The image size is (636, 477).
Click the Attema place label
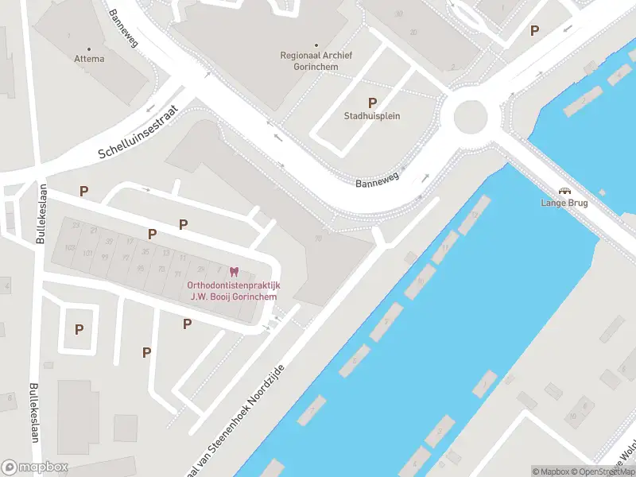89,59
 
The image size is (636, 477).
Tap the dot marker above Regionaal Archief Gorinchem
316,45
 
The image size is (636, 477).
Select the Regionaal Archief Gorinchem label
316,60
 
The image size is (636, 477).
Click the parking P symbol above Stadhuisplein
372,103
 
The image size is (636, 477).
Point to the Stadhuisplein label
372,116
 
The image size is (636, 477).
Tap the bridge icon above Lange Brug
565,192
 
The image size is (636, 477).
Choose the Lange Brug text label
565,203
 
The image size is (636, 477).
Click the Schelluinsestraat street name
140,131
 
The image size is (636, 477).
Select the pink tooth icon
233,273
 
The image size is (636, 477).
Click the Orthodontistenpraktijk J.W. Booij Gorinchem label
233,291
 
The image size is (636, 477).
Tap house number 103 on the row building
70,248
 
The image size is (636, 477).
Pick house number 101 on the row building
87,254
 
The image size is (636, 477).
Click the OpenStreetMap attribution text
603,471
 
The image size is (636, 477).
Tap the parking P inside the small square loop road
79,329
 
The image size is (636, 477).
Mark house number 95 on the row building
140,269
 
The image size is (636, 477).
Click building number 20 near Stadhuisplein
413,32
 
